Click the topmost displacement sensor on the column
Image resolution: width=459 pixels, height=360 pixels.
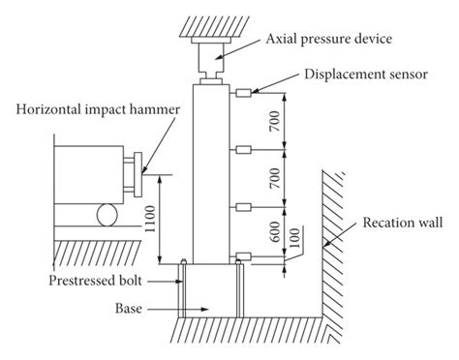click(x=242, y=93)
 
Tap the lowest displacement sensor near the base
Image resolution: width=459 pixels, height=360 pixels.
click(x=242, y=257)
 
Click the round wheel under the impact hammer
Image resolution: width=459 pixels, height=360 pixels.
click(x=104, y=213)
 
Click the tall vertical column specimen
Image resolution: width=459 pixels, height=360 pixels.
click(x=213, y=174)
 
